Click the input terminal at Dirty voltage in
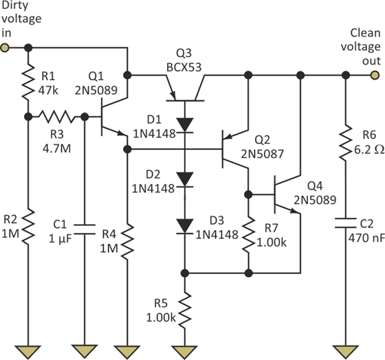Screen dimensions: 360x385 5,48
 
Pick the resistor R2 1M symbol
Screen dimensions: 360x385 28,227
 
